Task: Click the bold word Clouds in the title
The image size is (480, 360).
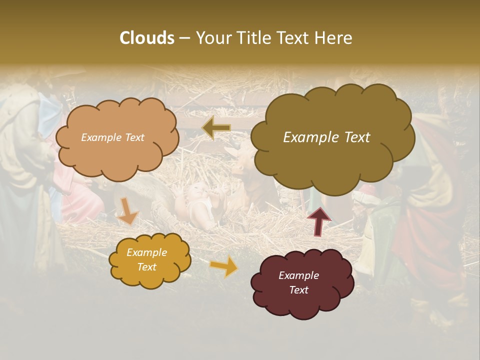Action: pyautogui.click(x=147, y=38)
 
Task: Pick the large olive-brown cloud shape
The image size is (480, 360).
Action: pyautogui.click(x=332, y=138)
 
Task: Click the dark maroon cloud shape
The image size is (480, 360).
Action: pyautogui.click(x=301, y=282)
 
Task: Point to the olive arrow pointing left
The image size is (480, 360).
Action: pyautogui.click(x=216, y=128)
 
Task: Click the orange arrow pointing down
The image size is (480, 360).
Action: pyautogui.click(x=128, y=211)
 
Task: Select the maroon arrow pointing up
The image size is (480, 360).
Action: pyautogui.click(x=318, y=220)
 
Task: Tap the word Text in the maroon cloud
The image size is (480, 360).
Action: pyautogui.click(x=299, y=290)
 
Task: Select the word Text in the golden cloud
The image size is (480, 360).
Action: pyautogui.click(x=147, y=267)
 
